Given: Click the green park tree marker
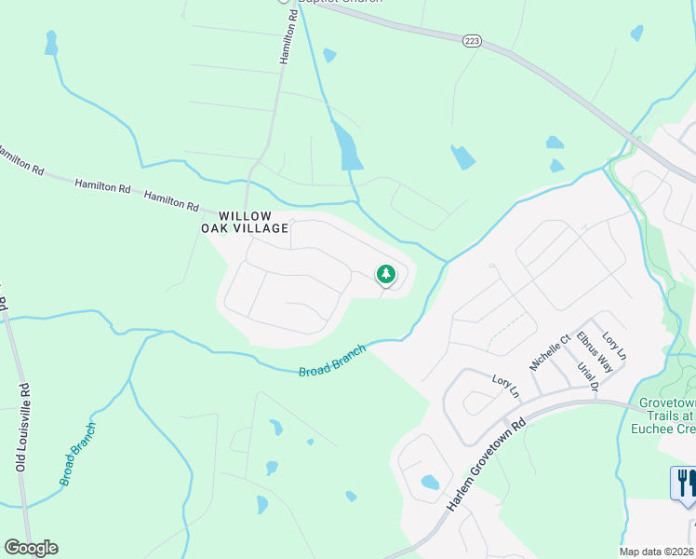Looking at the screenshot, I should (x=385, y=274).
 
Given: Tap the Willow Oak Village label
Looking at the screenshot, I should (x=245, y=221).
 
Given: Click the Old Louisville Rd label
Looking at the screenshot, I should (x=20, y=428).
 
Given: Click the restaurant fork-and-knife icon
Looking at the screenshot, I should (x=685, y=483).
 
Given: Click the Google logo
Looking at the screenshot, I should (x=31, y=548).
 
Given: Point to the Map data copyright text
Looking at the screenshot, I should (x=657, y=552).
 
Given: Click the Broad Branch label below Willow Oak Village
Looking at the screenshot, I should (x=332, y=361).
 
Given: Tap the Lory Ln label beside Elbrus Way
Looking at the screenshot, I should (x=615, y=348).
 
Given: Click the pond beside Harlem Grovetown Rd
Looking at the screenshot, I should (x=430, y=483).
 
